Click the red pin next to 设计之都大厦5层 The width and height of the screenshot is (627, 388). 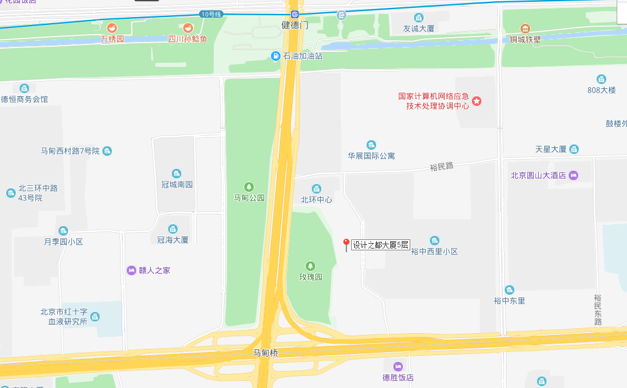346,244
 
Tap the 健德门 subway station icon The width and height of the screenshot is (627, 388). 295,14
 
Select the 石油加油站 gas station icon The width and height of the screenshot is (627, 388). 276,56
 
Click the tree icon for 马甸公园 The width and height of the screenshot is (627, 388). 248,186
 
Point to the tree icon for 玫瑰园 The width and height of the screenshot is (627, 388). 310,266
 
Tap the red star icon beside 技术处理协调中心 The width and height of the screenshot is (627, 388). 477,101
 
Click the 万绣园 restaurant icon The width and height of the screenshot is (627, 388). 112,28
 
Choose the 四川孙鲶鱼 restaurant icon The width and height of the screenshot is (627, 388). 188,28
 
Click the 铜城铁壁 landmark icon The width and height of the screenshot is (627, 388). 525,29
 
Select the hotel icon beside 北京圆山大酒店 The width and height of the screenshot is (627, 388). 573,175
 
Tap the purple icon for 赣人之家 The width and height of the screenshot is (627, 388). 131,270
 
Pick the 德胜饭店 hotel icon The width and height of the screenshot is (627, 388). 398,366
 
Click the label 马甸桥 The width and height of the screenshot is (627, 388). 266,353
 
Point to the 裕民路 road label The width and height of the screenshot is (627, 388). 441,166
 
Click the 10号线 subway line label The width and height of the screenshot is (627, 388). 211,14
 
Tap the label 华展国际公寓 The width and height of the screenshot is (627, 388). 371,156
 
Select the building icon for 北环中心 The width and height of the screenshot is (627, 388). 316,189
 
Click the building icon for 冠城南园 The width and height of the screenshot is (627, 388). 177,174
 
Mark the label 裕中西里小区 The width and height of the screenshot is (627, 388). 434,252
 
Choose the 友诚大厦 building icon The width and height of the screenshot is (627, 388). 418,18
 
